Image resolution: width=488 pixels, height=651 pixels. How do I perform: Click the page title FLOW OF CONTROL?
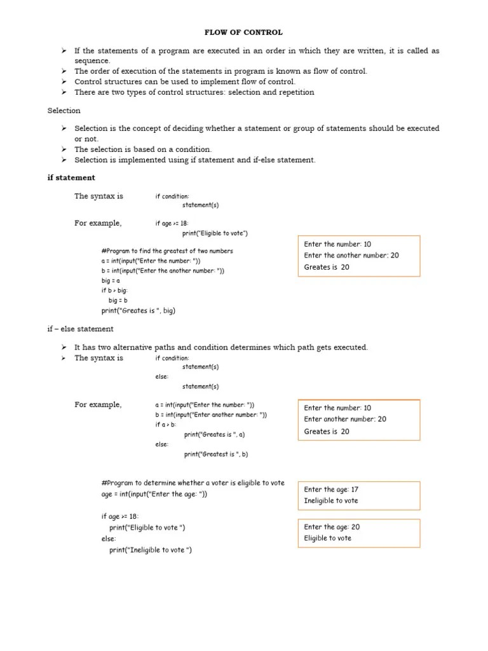point(243,32)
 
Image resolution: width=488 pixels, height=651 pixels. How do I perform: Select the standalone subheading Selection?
point(64,111)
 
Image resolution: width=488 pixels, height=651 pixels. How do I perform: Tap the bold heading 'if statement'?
point(71,178)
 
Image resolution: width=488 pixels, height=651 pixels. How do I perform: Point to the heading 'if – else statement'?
point(80,329)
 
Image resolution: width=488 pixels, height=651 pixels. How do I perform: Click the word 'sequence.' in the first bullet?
point(92,61)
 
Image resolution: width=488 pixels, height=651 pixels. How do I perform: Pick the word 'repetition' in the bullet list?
point(292,92)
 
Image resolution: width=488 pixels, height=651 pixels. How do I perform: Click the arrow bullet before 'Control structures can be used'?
point(64,82)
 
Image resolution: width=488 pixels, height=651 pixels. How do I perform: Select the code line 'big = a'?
point(111,280)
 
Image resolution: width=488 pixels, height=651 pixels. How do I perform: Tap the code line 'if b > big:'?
point(114,291)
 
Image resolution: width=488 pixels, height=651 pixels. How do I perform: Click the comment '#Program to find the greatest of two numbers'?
point(167,251)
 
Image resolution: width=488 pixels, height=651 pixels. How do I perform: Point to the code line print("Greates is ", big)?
point(138,311)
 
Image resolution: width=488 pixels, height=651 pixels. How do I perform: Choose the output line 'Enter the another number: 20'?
point(351,256)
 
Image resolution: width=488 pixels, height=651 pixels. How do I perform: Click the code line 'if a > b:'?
point(166,425)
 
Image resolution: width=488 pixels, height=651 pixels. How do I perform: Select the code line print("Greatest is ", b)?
point(215,455)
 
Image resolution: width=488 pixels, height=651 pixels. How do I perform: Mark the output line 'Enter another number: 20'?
point(345,420)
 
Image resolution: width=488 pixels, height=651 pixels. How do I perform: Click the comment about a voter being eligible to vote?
point(193,483)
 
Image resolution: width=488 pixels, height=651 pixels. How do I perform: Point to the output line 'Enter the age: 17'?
point(331,490)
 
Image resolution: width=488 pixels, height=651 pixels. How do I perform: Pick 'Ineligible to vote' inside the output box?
point(331,501)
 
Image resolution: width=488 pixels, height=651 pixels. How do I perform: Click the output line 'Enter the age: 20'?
point(332,527)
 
